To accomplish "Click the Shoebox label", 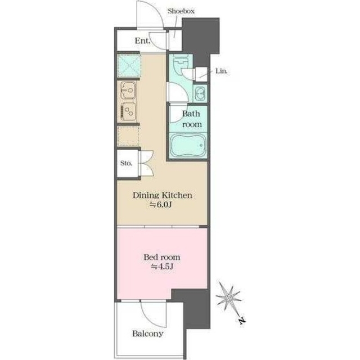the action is (x=181, y=11).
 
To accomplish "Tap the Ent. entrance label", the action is (x=142, y=41).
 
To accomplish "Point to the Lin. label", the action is (x=222, y=71).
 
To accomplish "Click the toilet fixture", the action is (x=181, y=61).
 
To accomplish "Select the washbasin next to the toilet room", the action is (x=200, y=93).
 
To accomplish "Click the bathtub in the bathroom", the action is (x=188, y=145).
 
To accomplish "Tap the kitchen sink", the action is (x=128, y=91).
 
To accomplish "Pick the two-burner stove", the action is (x=128, y=112).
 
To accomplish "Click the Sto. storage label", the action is (x=126, y=163).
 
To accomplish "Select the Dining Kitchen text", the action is (x=163, y=195).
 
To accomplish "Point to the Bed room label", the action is (x=162, y=257).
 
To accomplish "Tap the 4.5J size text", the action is (x=162, y=266).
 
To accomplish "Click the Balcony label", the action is (x=147, y=334).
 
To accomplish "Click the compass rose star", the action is (x=229, y=298).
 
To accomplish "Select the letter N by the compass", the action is (x=242, y=320).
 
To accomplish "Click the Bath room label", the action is (x=191, y=119).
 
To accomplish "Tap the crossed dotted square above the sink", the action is (x=129, y=66).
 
